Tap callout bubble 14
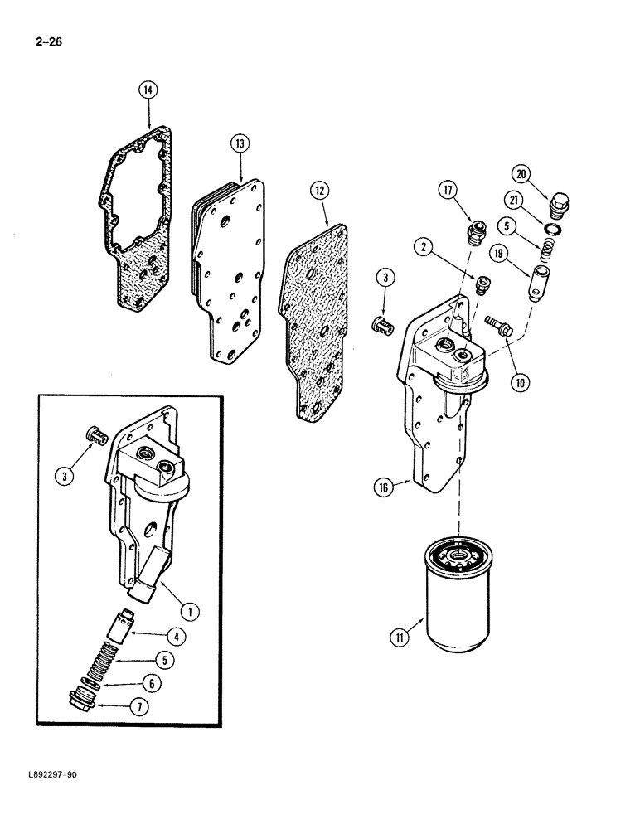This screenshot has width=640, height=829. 149,91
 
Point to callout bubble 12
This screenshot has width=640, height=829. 319,191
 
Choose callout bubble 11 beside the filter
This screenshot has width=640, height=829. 399,638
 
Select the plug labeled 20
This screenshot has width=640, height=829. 560,202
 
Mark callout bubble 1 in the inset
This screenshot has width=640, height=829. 191,612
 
